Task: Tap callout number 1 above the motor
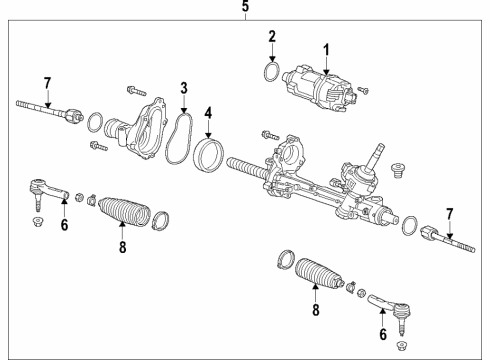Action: (324, 48)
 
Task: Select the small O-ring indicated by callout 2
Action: (267, 75)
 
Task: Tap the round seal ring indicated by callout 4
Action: (209, 156)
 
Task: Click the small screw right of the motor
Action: (362, 91)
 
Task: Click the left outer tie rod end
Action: (46, 189)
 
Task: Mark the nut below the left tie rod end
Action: (38, 220)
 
